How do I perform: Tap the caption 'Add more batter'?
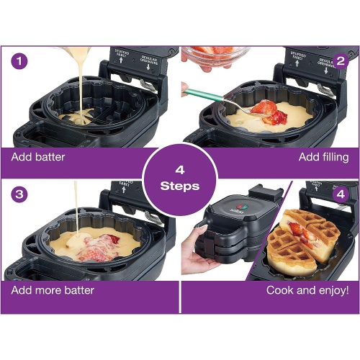pos(53,290)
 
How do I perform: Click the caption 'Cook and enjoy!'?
pos(307,290)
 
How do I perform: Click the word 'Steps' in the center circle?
pos(180,185)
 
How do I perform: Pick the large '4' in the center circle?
pos(180,170)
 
